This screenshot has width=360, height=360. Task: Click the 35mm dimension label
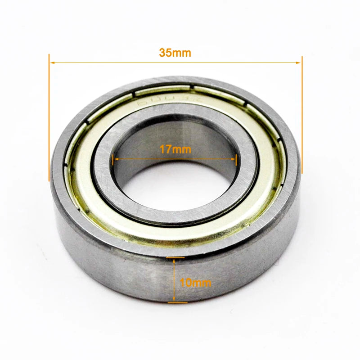click(175, 53)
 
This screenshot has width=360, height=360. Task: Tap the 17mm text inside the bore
click(175, 149)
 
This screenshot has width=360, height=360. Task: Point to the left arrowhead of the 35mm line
click(52, 63)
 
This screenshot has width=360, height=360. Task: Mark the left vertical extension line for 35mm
click(49, 117)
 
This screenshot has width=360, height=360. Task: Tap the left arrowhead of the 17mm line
click(115, 158)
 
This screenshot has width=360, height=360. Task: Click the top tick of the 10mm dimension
click(175, 258)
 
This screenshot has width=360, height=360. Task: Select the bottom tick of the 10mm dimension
click(177, 302)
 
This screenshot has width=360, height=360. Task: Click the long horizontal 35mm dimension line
click(112, 63)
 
